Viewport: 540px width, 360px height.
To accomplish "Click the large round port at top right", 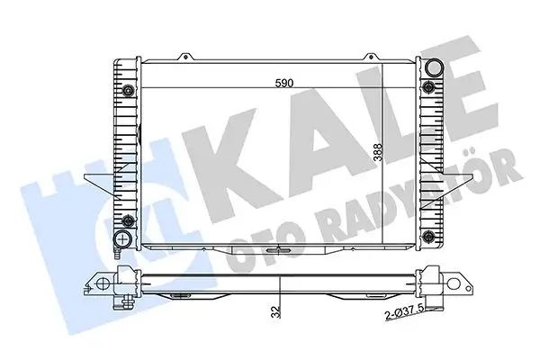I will tap(436, 67).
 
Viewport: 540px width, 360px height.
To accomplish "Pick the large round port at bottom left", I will tap(123, 239).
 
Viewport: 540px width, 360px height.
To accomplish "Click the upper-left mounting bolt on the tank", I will tap(128, 90).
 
